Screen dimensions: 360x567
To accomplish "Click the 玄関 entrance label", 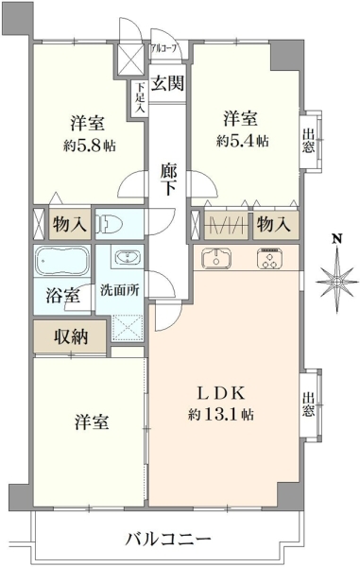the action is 167,83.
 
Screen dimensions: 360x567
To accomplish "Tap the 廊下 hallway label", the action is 168,179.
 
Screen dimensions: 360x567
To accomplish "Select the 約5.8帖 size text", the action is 90,146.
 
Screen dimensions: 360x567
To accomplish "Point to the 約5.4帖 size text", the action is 243,140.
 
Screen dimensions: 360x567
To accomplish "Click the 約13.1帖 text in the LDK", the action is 220,414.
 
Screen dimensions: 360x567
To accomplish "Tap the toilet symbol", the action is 110,224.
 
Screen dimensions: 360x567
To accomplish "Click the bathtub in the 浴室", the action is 62,261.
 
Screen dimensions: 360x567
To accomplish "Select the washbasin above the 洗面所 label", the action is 128,257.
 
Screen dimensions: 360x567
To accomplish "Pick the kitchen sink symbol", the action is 216,258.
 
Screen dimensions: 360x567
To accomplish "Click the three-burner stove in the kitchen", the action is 270,258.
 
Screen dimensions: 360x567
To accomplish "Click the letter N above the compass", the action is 337,238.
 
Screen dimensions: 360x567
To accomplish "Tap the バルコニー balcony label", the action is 167,540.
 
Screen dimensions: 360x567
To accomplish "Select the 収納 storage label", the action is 71,336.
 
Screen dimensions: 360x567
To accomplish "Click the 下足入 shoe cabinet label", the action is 140,98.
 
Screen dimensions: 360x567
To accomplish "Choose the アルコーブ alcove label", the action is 164,49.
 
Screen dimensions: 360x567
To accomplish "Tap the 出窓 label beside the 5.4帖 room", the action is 308,140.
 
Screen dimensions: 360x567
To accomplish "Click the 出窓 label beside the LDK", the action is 308,404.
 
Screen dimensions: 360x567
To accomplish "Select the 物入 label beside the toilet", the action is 70,224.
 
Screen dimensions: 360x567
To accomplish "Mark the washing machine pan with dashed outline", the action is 127,328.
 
